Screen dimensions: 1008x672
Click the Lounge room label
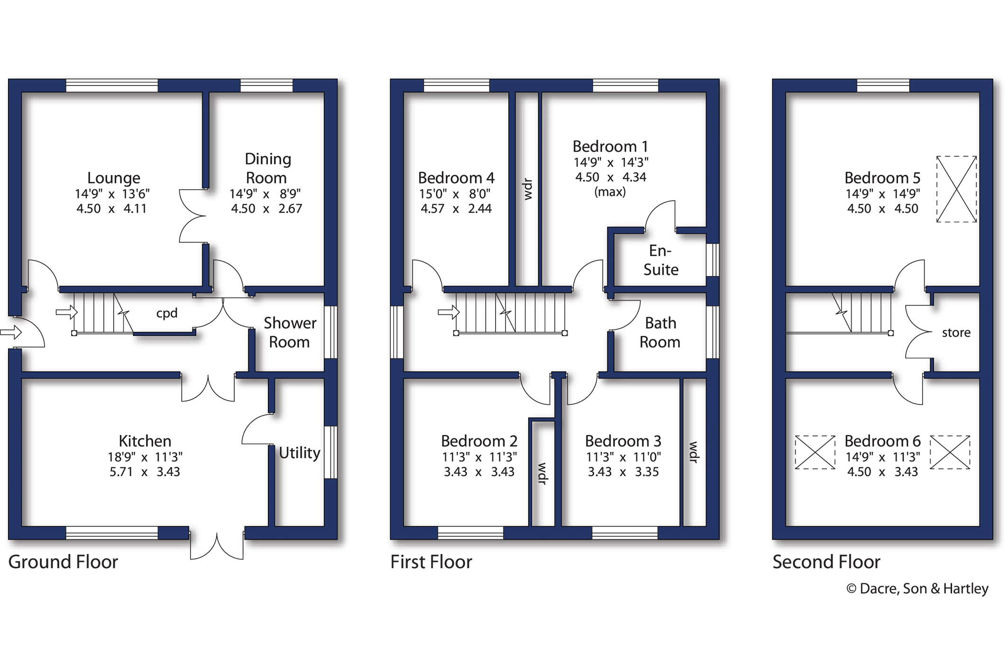coord(114,178)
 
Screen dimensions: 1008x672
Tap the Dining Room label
coord(267,168)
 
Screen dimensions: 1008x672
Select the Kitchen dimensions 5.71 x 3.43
coord(145,472)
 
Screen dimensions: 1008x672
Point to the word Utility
coord(300,453)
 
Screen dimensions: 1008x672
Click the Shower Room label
coord(290,332)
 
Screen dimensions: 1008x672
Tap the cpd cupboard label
coord(167,313)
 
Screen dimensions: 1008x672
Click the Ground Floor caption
coord(63,562)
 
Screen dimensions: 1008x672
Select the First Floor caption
coord(431,562)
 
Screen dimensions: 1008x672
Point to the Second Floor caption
coord(826,562)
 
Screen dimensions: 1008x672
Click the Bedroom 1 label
coord(610,147)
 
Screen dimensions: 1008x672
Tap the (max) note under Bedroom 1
coord(610,192)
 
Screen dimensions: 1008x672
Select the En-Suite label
coord(661,260)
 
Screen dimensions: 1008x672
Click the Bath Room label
coord(660,332)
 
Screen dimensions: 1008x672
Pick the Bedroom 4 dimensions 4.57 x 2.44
coord(456,209)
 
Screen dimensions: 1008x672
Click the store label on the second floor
coord(956,333)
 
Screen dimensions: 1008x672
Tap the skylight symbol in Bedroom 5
coord(957,189)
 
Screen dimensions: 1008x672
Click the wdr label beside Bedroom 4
coord(528,189)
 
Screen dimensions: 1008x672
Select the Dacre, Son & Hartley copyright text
coord(917,589)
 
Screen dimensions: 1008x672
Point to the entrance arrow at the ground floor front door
coord(11,332)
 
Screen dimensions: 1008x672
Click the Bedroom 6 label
coord(882,442)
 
